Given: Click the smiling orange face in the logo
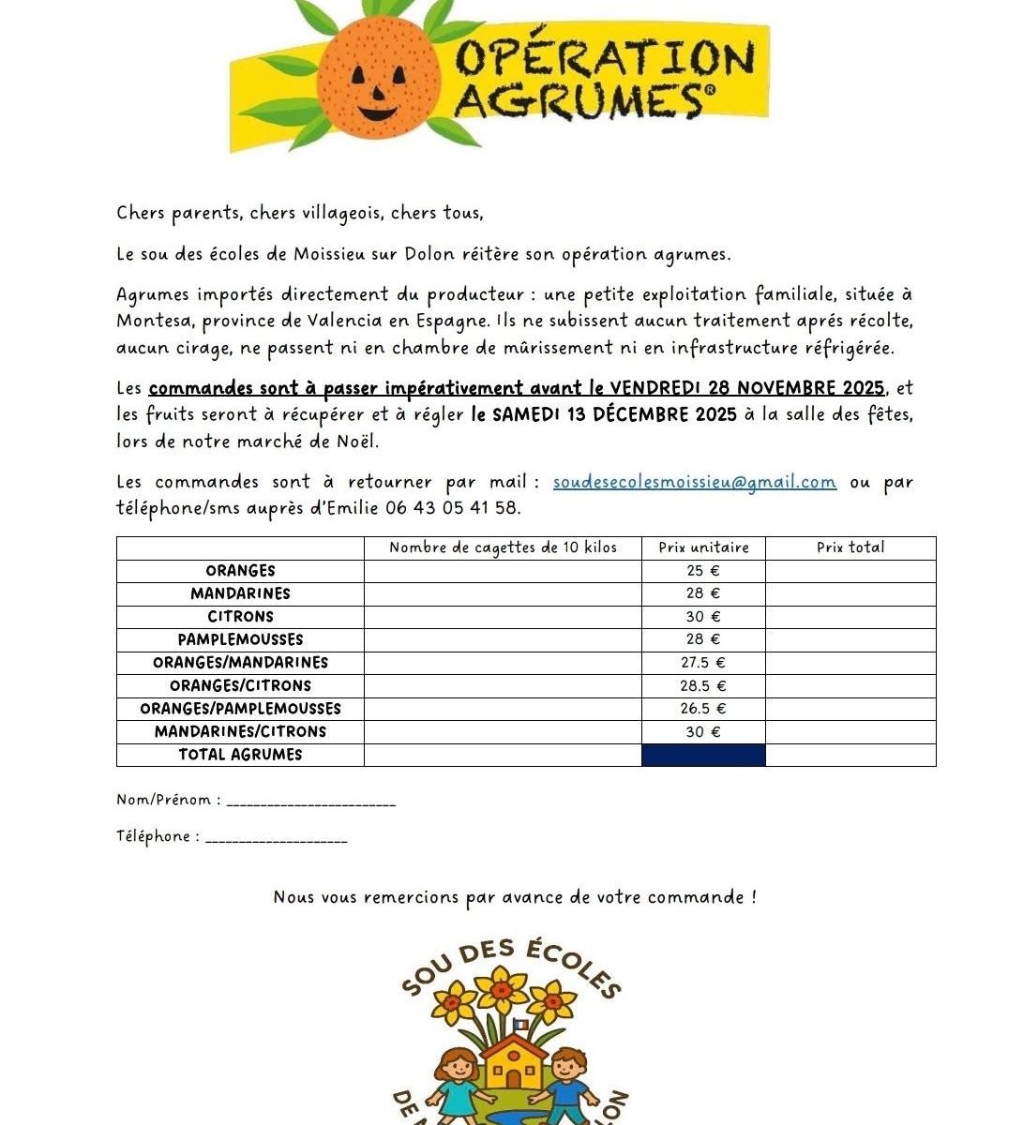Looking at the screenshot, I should pos(376,79).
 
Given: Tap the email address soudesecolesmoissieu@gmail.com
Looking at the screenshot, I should pos(694,482).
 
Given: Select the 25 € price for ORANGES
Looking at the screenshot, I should pos(702,571).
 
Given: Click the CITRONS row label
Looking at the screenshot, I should pos(241,617).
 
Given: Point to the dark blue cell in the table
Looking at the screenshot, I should pos(703,755).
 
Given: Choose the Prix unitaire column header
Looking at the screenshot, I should pos(703,547).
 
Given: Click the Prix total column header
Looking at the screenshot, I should pos(850,547).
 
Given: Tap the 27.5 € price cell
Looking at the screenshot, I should pos(702,663).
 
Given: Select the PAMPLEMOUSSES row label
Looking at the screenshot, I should pos(241,639).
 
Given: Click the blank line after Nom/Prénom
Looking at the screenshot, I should pos(311,802).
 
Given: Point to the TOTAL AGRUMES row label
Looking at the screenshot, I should pos(241,755).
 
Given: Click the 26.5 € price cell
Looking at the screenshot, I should pos(702,709).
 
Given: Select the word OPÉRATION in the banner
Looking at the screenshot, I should pos(605,58).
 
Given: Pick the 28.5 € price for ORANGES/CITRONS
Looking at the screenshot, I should pos(702,686).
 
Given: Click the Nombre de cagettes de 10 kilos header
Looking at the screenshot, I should pos(503,547).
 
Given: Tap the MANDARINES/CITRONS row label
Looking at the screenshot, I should pos(241,732).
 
